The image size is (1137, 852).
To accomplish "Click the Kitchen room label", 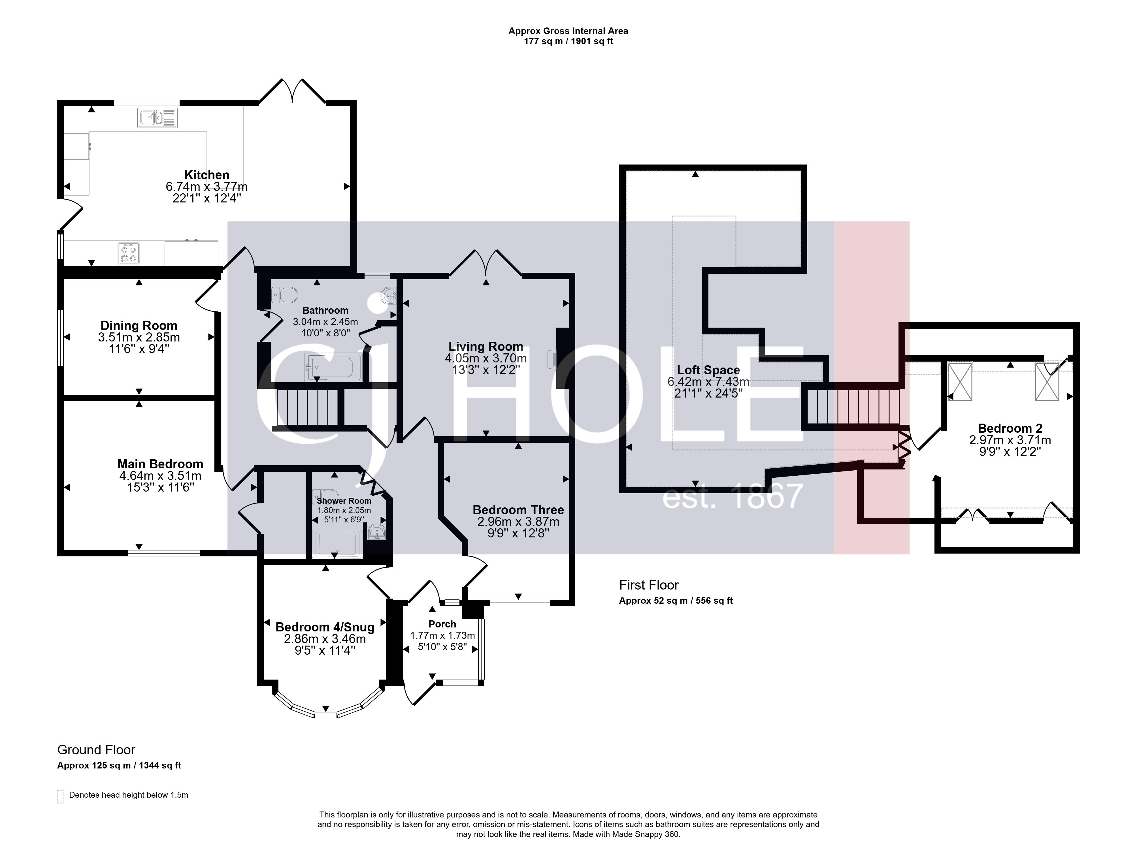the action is [206, 175].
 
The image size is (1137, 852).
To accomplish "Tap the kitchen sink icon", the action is [157, 118].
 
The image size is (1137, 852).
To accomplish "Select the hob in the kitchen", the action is [129, 253].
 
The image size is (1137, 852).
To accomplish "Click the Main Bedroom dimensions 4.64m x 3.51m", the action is [160, 476].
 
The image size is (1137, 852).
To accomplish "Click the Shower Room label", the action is [344, 501].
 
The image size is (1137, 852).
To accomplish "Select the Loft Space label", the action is [708, 370].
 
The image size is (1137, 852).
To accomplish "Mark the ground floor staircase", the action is [307, 407].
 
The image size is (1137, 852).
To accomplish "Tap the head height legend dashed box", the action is [60, 796].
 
